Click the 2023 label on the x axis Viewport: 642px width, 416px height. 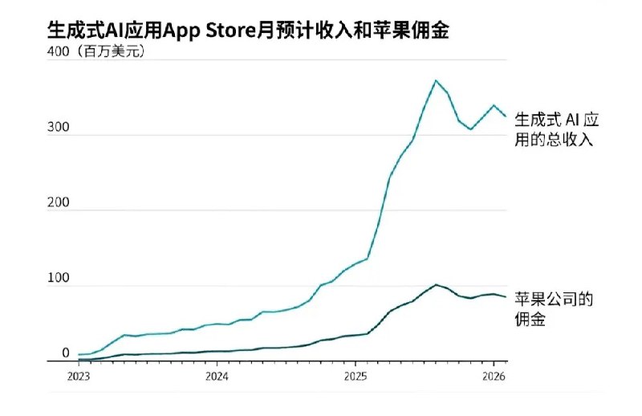click(x=79, y=375)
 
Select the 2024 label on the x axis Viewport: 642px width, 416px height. click(x=217, y=375)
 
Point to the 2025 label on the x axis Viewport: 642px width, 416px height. click(x=356, y=375)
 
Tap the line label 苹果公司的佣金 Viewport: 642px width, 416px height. click(x=553, y=309)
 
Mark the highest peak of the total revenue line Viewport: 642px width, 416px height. click(x=436, y=80)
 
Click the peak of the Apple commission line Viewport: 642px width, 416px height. click(x=436, y=284)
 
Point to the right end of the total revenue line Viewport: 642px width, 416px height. click(x=506, y=116)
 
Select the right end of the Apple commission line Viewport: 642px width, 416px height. click(x=506, y=296)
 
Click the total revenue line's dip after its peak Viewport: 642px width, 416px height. click(x=471, y=128)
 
